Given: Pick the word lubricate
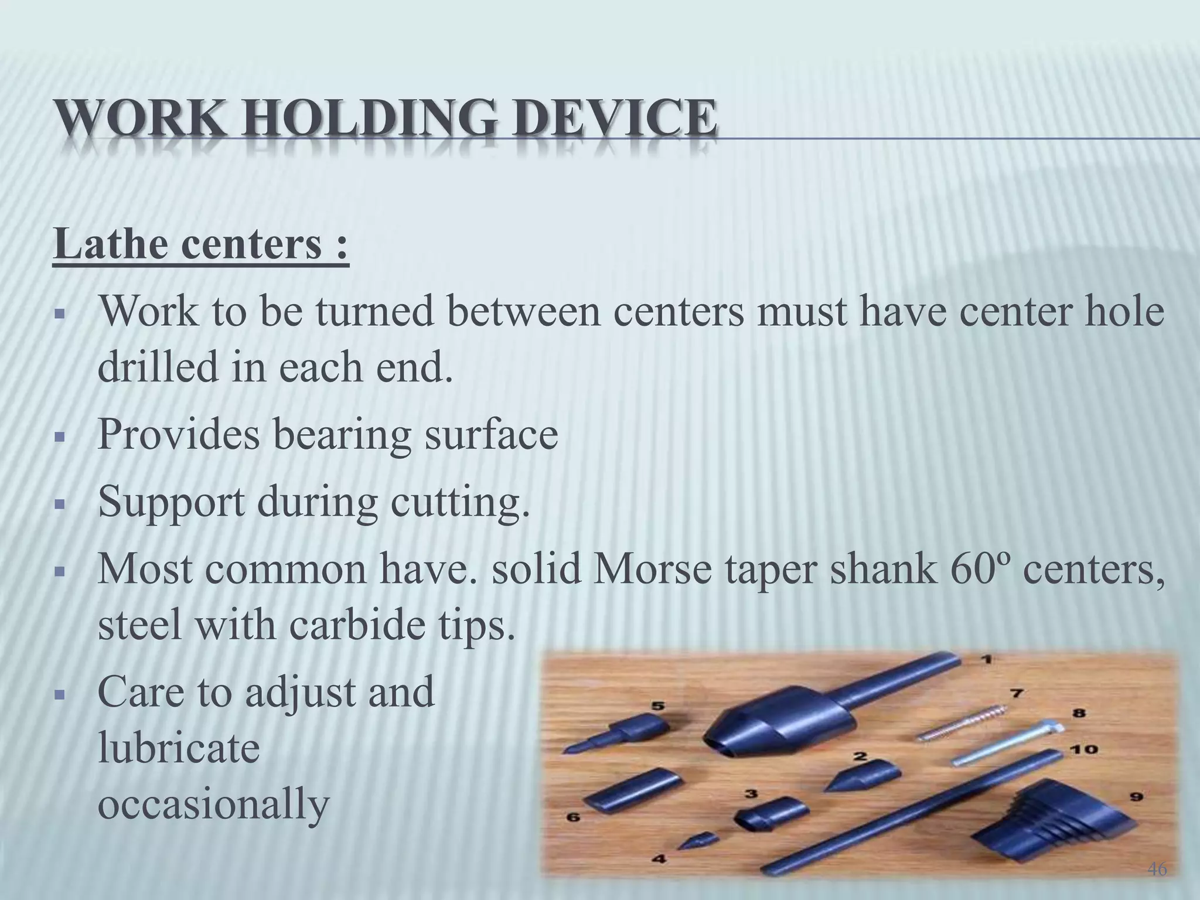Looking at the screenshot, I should (x=178, y=749).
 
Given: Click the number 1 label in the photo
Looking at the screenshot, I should (x=986, y=660).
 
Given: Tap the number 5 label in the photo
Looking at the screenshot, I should (x=659, y=707).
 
